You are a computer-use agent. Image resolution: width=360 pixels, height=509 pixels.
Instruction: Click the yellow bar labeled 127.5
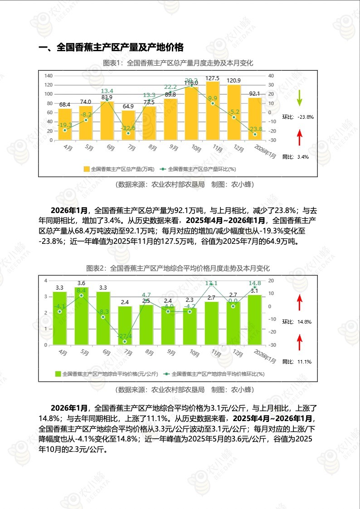tap(212, 111)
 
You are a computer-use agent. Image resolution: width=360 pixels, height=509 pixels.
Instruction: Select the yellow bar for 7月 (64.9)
tap(128, 125)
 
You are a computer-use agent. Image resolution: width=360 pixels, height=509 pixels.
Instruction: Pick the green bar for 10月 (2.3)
tap(190, 326)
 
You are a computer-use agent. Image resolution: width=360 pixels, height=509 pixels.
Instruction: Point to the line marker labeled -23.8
tap(255, 134)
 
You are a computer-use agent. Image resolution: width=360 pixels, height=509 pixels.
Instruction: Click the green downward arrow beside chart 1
tap(299, 98)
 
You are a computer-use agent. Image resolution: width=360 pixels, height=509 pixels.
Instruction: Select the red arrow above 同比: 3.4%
tap(299, 137)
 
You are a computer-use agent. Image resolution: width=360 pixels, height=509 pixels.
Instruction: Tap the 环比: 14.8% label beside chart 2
tap(297, 322)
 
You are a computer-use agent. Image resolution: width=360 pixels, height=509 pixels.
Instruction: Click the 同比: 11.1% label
tap(297, 362)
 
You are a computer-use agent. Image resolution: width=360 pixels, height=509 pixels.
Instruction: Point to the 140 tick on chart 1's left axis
tap(49, 76)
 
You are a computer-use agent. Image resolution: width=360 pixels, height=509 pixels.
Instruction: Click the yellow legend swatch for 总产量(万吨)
tap(87, 169)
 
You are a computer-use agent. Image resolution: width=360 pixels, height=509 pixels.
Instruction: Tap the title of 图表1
tap(178, 63)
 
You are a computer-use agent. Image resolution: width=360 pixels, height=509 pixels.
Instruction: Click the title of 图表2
tap(178, 268)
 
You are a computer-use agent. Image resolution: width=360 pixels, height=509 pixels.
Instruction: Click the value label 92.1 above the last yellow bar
tap(255, 93)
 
